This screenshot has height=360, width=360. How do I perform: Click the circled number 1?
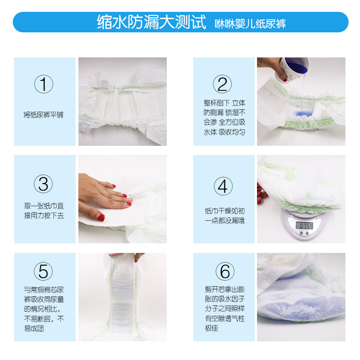tap(44, 84)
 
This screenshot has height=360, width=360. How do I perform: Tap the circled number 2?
tap(222, 84)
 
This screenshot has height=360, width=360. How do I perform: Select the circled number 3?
tap(43, 184)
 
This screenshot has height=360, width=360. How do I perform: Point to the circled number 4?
tap(223, 186)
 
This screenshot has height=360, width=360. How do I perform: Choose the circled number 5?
tap(43, 271)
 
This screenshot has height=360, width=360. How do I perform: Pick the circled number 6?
tap(225, 271)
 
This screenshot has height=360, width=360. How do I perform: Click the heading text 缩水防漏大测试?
tap(152, 22)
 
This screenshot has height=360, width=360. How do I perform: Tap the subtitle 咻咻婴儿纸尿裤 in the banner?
tap(250, 24)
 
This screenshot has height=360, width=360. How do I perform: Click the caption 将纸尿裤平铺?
tap(43, 114)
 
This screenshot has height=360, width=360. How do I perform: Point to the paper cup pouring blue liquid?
tap(294, 68)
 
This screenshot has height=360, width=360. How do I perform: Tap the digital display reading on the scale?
tap(304, 226)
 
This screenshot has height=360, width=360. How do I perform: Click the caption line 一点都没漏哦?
tap(225, 221)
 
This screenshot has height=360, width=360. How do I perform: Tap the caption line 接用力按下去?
tap(44, 216)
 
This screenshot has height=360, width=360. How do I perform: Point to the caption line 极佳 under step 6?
tap(211, 328)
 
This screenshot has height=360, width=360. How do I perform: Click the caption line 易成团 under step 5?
tap(34, 329)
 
